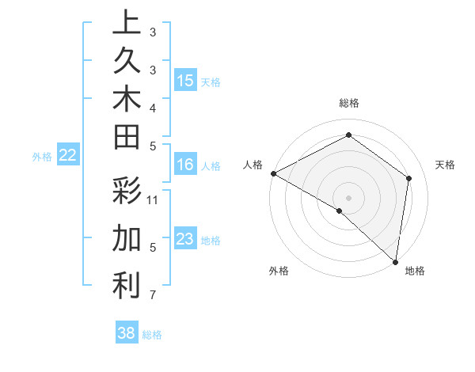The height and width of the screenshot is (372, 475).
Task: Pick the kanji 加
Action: (127, 238)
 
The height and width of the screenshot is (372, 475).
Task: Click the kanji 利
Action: (127, 286)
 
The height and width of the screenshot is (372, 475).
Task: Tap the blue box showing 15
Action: (185, 81)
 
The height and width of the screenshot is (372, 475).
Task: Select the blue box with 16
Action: (185, 165)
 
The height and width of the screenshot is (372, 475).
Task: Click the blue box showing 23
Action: (185, 239)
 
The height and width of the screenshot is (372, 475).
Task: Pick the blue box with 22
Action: (68, 156)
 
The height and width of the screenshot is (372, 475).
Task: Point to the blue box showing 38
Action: (127, 333)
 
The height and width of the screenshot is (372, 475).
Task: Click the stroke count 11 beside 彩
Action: (154, 199)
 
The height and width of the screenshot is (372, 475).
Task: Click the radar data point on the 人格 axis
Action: (273, 173)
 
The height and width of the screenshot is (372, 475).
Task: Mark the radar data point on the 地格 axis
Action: (395, 261)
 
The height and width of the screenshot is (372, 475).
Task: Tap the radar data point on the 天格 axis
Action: (409, 178)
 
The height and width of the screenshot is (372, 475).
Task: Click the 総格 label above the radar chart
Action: (349, 103)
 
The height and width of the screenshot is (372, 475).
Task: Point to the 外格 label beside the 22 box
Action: (42, 157)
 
